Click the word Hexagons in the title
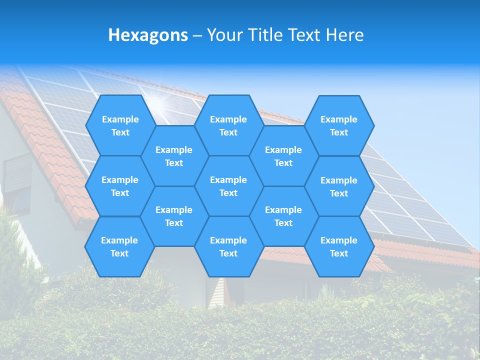coord(148,35)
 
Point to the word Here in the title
coord(344,35)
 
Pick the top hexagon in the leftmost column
coord(120,125)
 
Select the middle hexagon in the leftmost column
coord(120,186)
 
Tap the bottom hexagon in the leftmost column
coord(119,246)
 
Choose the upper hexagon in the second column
coord(174,156)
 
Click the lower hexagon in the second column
coord(174,216)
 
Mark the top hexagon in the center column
coord(228,125)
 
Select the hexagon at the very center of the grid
coord(228,186)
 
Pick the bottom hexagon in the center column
coord(228,246)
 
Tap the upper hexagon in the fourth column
coord(283,156)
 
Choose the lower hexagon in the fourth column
coord(283,216)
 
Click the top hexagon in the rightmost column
coord(339,125)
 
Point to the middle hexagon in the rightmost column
coord(339,186)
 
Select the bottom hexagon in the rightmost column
coord(339,246)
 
